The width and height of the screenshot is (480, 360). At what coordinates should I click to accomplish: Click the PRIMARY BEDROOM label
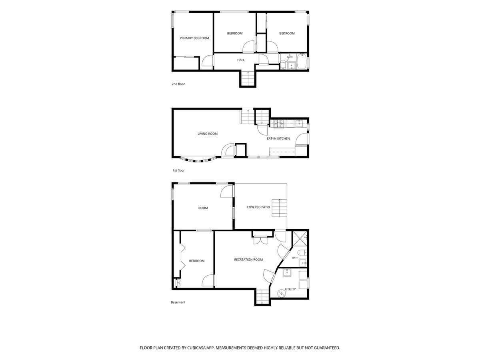point(194,38)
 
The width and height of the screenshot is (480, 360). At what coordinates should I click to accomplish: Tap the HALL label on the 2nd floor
point(241,60)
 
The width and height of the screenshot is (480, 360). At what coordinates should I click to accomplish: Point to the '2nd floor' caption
point(178,84)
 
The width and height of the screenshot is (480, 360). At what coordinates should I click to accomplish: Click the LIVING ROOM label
point(208,134)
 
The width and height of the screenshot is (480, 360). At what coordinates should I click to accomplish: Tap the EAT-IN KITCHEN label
point(278,138)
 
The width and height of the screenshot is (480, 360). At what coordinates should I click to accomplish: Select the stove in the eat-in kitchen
point(278,124)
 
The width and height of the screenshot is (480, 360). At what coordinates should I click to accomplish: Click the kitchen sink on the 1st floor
point(299,124)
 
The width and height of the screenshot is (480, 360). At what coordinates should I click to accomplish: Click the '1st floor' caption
point(178,170)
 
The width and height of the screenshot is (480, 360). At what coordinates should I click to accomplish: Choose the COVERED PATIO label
point(258,207)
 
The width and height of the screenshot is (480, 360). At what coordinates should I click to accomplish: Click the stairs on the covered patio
point(279,208)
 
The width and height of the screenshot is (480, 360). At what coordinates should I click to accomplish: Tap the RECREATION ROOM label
point(248,260)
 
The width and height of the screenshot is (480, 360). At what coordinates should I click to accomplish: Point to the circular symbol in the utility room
point(280,294)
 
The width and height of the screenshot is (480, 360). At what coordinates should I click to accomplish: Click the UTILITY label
point(290,289)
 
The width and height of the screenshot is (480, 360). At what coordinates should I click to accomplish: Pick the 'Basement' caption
point(178,302)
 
